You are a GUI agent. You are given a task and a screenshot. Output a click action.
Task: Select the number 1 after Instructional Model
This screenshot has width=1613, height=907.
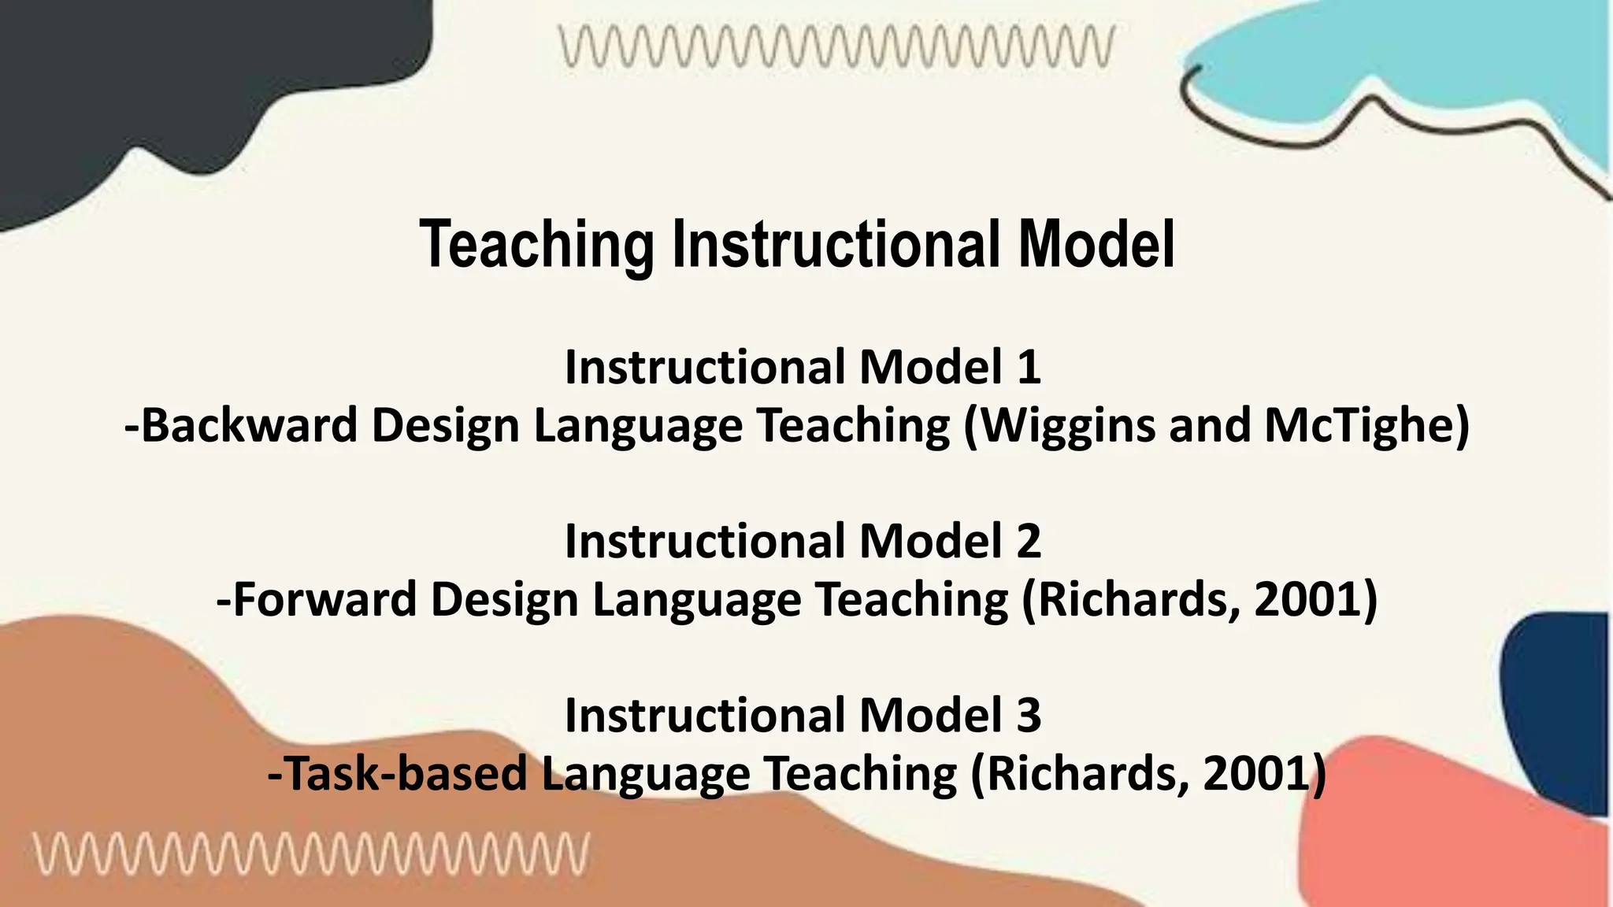point(1029,367)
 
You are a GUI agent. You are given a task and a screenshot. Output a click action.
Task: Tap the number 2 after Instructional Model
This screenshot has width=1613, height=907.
point(1028,541)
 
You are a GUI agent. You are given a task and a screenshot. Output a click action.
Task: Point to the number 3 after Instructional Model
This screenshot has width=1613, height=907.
point(1028,715)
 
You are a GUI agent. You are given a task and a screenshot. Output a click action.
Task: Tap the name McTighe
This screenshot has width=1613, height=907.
point(1366,425)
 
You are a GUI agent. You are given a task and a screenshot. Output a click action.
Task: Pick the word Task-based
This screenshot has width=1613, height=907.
point(398,774)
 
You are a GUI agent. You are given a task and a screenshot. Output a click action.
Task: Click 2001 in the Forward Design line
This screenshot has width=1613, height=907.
point(1307,600)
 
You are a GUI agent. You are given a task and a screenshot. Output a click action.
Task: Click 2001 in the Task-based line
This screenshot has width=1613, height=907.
point(1256,774)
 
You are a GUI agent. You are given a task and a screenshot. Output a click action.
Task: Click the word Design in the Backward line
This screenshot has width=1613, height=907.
point(445,426)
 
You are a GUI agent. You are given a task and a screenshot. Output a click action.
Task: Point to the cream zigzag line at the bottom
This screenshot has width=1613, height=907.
point(310,854)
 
